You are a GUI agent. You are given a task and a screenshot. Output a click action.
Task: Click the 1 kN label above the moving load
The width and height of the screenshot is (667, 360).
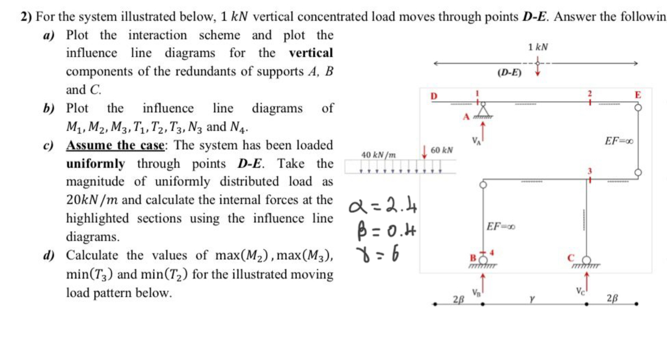(538, 47)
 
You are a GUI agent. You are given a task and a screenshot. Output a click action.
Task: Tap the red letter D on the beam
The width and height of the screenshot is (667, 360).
(434, 96)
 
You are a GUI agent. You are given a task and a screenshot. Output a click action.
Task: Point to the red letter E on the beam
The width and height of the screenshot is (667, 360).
(638, 95)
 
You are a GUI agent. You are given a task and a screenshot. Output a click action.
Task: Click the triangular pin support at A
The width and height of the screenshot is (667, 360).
(484, 111)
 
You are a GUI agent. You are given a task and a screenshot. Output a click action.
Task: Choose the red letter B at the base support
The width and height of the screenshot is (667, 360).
(473, 258)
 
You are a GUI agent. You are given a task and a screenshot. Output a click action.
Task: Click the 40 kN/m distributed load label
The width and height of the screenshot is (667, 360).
(378, 155)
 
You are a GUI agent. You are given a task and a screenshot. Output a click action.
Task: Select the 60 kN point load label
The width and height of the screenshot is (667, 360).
(442, 150)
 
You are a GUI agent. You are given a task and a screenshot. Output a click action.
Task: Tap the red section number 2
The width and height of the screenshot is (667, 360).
(590, 94)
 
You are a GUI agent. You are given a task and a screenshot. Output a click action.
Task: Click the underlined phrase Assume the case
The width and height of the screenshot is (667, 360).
(116, 145)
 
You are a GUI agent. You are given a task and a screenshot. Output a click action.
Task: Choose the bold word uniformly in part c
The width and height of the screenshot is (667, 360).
(96, 164)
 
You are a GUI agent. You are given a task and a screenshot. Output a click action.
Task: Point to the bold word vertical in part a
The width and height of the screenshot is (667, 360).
(311, 53)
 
